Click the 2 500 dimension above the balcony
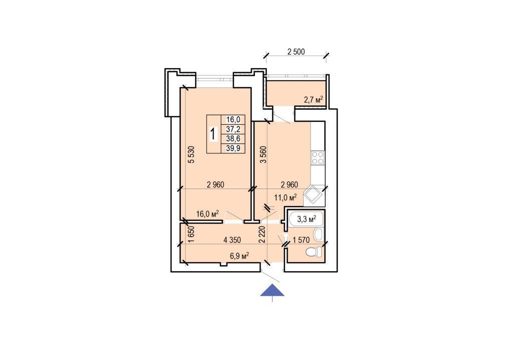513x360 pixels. pyautogui.click(x=296, y=52)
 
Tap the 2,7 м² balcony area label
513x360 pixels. pyautogui.click(x=314, y=100)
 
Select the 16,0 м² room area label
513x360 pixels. pyautogui.click(x=207, y=214)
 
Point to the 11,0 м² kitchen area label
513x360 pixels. pyautogui.click(x=285, y=197)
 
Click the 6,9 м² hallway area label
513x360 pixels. pyautogui.click(x=239, y=256)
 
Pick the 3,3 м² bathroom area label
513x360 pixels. pyautogui.click(x=307, y=219)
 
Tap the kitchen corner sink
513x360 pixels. pyautogui.click(x=314, y=196)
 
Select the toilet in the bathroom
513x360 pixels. pyautogui.click(x=314, y=252)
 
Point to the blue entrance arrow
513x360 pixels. pyautogui.click(x=272, y=290)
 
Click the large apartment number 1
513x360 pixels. pyautogui.click(x=213, y=134)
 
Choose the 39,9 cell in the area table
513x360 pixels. pyautogui.click(x=233, y=148)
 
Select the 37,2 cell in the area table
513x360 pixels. pyautogui.click(x=233, y=129)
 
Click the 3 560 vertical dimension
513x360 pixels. pyautogui.click(x=265, y=154)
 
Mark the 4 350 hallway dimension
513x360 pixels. pyautogui.click(x=232, y=240)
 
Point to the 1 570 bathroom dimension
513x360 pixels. pyautogui.click(x=301, y=240)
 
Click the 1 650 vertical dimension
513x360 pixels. pyautogui.click(x=191, y=234)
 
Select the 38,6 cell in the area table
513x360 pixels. pyautogui.click(x=233, y=139)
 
